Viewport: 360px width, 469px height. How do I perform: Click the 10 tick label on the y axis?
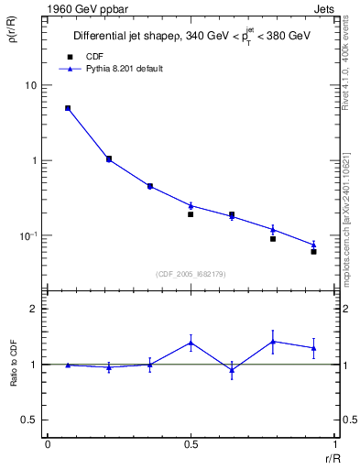pyautogui.click(x=31, y=85)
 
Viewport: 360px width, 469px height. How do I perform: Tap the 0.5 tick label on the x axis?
pyautogui.click(x=191, y=443)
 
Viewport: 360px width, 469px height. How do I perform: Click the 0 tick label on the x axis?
pyautogui.click(x=48, y=443)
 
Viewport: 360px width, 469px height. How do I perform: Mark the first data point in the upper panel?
pyautogui.click(x=68, y=108)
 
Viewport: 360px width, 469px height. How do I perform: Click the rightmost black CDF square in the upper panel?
pyautogui.click(x=313, y=251)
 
